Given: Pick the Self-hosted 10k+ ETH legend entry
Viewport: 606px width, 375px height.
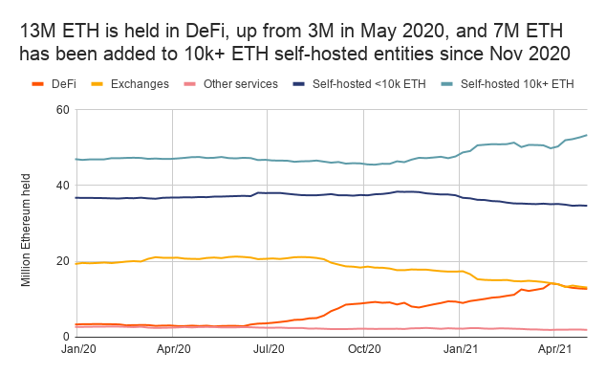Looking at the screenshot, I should click(x=517, y=84).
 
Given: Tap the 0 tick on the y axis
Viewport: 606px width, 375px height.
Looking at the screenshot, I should click(x=66, y=337).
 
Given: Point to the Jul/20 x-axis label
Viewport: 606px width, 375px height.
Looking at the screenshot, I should click(x=268, y=352).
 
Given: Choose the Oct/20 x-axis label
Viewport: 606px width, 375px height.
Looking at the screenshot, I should click(x=364, y=352).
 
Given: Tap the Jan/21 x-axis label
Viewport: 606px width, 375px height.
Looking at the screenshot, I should click(x=460, y=352).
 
